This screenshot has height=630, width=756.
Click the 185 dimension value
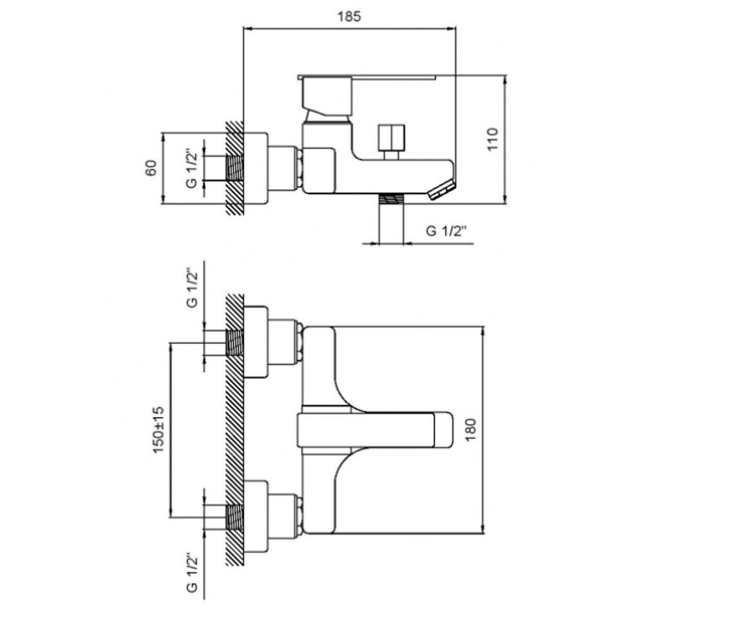[349, 16]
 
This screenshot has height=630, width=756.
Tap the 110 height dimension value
[493, 139]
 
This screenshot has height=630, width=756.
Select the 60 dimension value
[151, 168]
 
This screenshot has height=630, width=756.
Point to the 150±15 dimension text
[158, 430]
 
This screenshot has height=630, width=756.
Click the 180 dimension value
[471, 430]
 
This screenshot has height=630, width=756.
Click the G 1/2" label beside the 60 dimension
[192, 168]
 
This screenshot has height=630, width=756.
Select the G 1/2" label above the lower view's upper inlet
[192, 288]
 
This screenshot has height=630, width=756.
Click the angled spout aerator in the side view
[442, 190]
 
